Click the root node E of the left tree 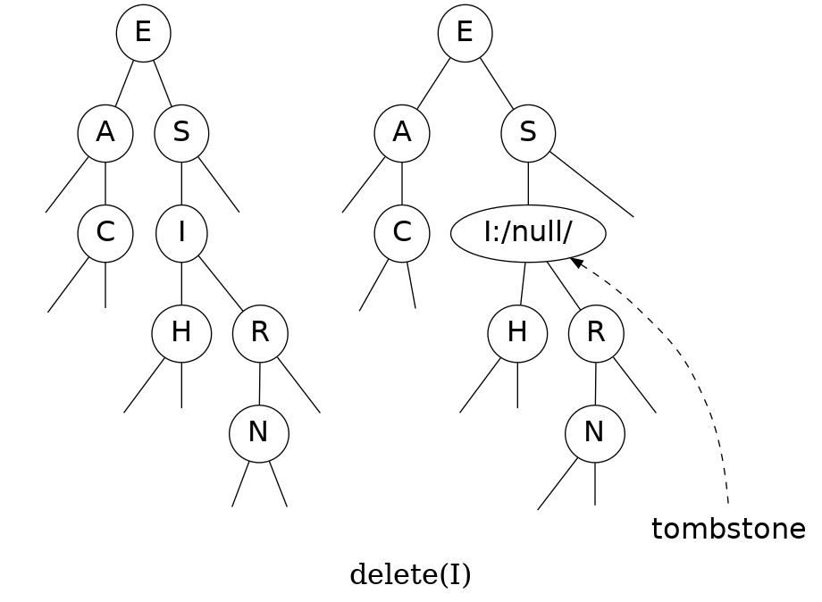click(143, 34)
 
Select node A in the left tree click(105, 133)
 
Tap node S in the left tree click(181, 133)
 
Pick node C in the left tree click(105, 233)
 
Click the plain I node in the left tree click(181, 233)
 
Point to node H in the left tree click(181, 333)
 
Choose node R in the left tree click(260, 333)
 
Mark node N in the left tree click(259, 433)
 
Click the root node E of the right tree click(465, 34)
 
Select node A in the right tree click(402, 133)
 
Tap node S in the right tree click(528, 133)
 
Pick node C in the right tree click(402, 233)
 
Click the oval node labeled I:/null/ click(528, 233)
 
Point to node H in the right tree click(517, 333)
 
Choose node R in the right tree click(596, 333)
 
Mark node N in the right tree click(594, 433)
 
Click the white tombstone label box click(729, 531)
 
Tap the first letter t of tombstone click(658, 531)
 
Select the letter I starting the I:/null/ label click(488, 232)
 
